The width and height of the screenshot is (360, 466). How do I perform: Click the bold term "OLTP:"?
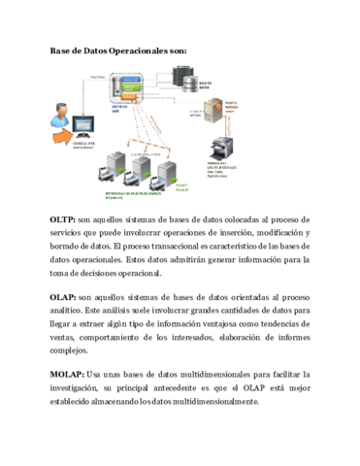(x=62, y=220)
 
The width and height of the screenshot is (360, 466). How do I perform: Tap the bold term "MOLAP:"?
(x=66, y=373)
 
